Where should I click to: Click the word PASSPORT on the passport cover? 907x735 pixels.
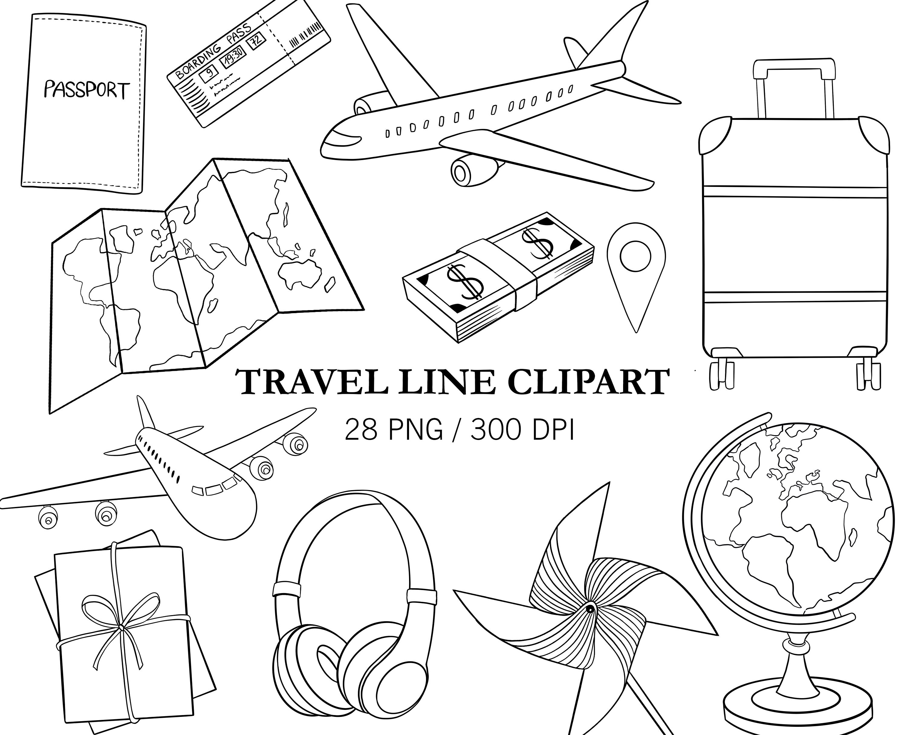[86, 91]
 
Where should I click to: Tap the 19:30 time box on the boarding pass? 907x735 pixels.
[233, 55]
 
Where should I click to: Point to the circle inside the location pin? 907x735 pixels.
[635, 256]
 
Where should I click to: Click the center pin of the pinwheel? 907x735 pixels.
[590, 609]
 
